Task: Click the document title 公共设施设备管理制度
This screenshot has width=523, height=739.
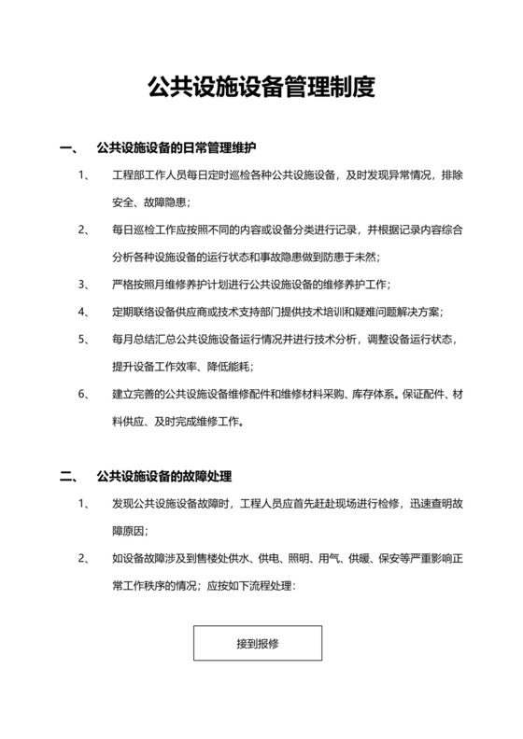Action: [261, 89]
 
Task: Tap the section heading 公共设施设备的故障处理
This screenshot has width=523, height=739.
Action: [164, 478]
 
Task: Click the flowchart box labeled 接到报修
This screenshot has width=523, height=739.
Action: [258, 643]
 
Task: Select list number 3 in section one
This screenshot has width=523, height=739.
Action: [85, 285]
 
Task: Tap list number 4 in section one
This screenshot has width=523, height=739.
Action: [85, 312]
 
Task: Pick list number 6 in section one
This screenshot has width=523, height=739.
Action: [85, 394]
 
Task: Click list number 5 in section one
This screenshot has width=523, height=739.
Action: [85, 339]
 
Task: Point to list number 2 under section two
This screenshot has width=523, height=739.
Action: [85, 560]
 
